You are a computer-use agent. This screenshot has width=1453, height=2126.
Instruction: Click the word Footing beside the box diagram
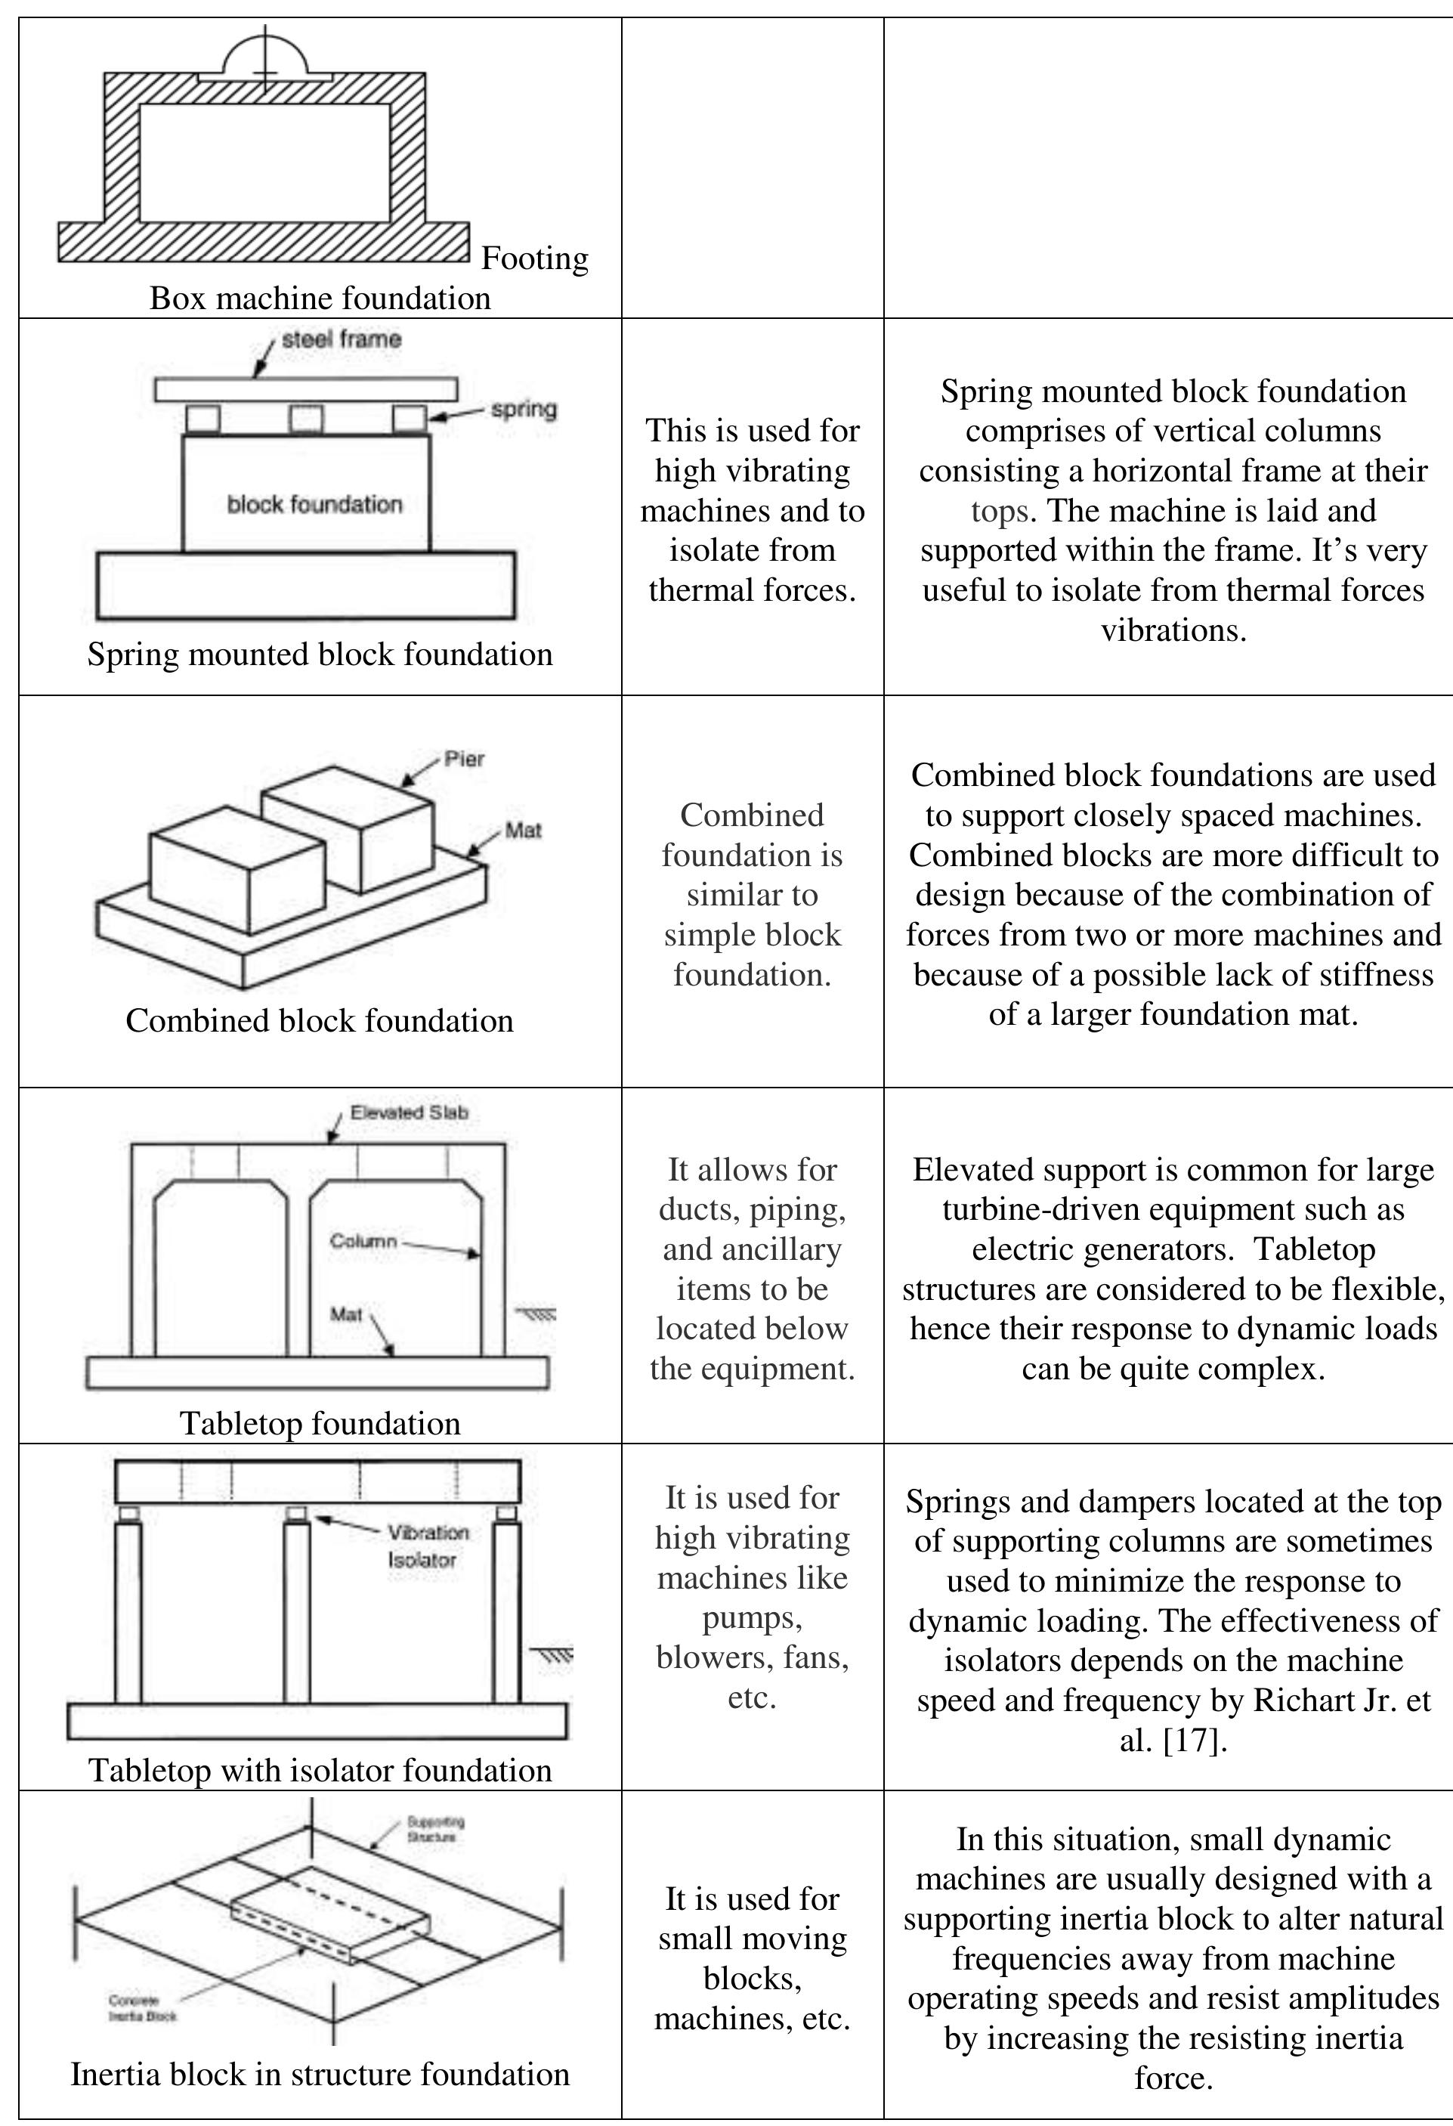(x=535, y=259)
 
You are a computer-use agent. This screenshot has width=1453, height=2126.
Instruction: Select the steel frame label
(x=341, y=339)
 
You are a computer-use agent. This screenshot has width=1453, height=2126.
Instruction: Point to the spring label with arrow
(x=523, y=409)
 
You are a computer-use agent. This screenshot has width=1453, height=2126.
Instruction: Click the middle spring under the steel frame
(x=305, y=419)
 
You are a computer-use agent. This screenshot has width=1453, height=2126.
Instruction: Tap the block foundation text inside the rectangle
(x=314, y=504)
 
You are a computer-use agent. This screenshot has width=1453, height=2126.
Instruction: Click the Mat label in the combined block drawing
(x=523, y=831)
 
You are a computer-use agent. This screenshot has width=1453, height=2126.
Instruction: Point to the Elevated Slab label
(x=409, y=1113)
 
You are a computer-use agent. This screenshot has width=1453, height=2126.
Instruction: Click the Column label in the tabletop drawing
(x=363, y=1242)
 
